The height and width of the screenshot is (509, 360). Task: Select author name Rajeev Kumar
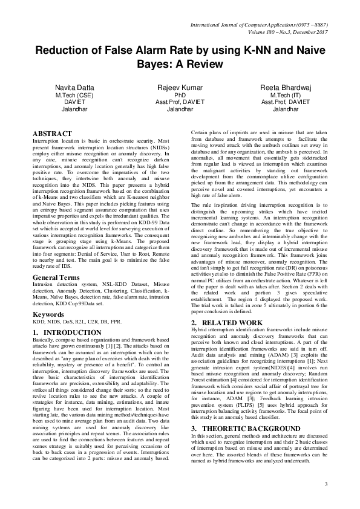[x=180, y=88]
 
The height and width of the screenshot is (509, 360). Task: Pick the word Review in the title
[x=205, y=63]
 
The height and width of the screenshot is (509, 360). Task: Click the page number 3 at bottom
[x=326, y=484]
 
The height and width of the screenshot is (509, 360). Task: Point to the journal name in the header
[x=258, y=24]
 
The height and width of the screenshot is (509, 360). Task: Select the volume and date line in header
[x=275, y=31]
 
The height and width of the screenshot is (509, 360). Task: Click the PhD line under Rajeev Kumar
[x=180, y=96]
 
